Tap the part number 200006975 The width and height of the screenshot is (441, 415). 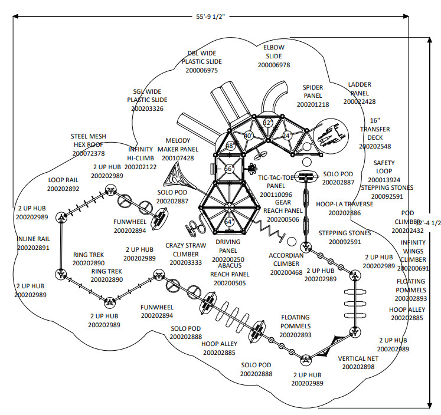(201, 70)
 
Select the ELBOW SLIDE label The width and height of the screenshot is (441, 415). (274, 52)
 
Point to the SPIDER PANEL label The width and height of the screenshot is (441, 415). (313, 91)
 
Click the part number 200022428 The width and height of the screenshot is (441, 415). (360, 101)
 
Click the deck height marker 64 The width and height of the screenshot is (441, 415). (229, 222)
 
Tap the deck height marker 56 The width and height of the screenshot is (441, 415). (228, 169)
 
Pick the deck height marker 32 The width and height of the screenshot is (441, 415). (267, 123)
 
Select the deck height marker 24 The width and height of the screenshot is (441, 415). (287, 136)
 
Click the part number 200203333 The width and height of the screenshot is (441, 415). (185, 262)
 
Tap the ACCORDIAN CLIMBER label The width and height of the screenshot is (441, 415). (286, 260)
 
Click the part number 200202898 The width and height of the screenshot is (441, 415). (358, 367)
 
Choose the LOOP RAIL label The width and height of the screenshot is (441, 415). (63, 180)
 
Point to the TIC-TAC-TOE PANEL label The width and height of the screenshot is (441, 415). (276, 182)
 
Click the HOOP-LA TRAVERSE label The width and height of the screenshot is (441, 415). (344, 204)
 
